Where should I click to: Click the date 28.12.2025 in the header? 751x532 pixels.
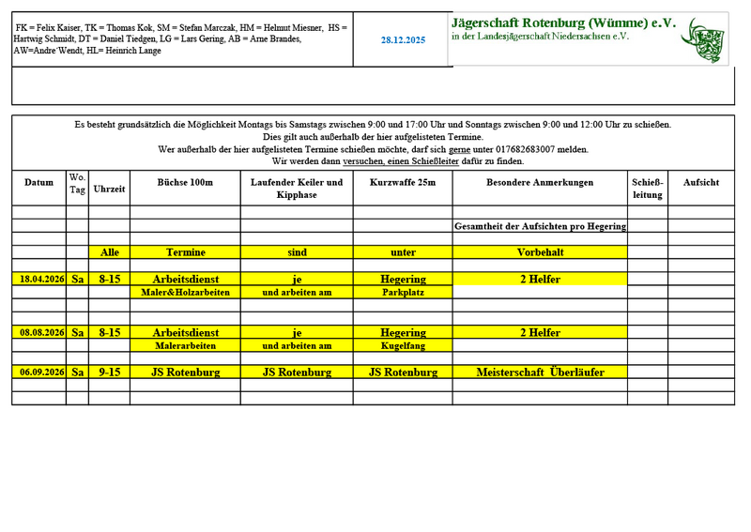click(x=403, y=40)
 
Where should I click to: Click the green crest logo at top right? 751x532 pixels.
click(x=705, y=39)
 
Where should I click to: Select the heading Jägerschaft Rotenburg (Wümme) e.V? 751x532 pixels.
click(x=563, y=23)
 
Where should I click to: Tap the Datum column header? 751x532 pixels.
click(x=38, y=183)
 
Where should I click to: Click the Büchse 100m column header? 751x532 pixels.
click(x=185, y=183)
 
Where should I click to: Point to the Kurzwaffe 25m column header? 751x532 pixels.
click(x=403, y=183)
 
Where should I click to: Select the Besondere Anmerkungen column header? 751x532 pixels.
click(x=540, y=183)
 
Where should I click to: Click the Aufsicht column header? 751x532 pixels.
click(x=701, y=183)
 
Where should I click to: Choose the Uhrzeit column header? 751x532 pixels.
click(x=109, y=189)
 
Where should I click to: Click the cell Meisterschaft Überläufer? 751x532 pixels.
click(x=540, y=372)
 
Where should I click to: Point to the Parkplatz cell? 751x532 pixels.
click(x=403, y=293)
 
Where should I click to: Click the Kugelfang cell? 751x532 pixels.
click(x=403, y=346)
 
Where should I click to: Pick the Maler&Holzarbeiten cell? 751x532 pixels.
click(x=185, y=293)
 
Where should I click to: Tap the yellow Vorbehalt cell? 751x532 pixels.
click(x=540, y=252)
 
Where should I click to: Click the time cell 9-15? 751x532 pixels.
click(x=109, y=372)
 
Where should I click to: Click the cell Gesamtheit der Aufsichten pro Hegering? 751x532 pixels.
click(x=540, y=226)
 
